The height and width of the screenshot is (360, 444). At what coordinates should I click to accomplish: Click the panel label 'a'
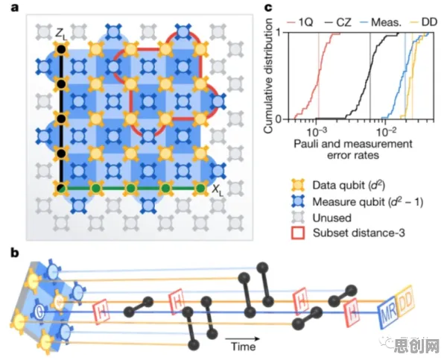point(14,7)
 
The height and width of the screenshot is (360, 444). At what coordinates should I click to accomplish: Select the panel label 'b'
point(15,253)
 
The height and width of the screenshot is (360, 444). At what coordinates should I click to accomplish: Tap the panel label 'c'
point(268,7)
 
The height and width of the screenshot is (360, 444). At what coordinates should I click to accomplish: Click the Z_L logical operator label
point(61,34)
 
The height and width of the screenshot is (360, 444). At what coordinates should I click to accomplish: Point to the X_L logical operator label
point(218,191)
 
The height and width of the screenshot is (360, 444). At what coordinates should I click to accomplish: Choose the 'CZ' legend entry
point(338,22)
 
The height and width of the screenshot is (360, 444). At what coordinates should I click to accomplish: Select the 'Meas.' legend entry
point(381,22)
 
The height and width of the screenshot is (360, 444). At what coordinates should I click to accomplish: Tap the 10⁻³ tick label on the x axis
point(317,132)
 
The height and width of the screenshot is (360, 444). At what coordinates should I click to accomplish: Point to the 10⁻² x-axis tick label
point(385,132)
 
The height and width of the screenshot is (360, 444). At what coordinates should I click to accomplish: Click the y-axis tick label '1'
point(279,32)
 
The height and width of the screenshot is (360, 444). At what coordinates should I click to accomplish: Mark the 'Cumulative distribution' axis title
point(268,75)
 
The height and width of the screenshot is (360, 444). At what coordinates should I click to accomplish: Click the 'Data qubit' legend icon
point(298,186)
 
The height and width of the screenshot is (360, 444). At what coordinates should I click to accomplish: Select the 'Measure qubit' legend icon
point(298,202)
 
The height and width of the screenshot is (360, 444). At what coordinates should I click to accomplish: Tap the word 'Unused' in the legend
point(332,218)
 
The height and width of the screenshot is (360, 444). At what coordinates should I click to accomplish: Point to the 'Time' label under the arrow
point(244,347)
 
